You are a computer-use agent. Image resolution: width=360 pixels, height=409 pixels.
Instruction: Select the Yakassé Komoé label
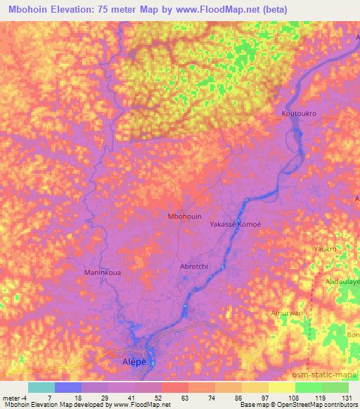tap(235, 223)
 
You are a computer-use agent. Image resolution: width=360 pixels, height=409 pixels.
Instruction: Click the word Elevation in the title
tap(80, 9)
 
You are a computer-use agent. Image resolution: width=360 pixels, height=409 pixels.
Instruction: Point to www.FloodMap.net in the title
tap(234, 9)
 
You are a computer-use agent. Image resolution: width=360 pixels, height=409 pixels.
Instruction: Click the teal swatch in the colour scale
tap(41, 387)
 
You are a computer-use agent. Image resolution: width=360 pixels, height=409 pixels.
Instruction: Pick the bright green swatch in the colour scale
tap(309, 387)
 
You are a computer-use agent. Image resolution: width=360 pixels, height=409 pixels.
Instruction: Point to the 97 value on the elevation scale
tap(255, 398)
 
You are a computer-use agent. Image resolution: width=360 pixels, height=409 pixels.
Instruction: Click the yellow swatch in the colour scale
tap(282, 387)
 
